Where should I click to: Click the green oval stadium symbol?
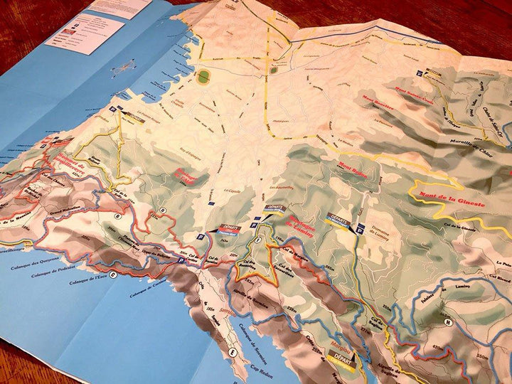[x=205, y=75]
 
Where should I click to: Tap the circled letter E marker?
[x=232, y=353]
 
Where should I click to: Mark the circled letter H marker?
[x=447, y=321]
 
